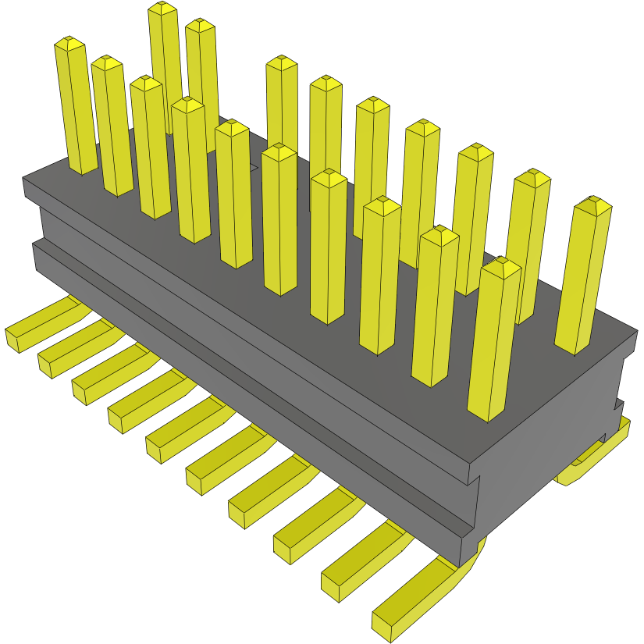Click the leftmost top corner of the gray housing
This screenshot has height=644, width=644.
coord(23,179)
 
